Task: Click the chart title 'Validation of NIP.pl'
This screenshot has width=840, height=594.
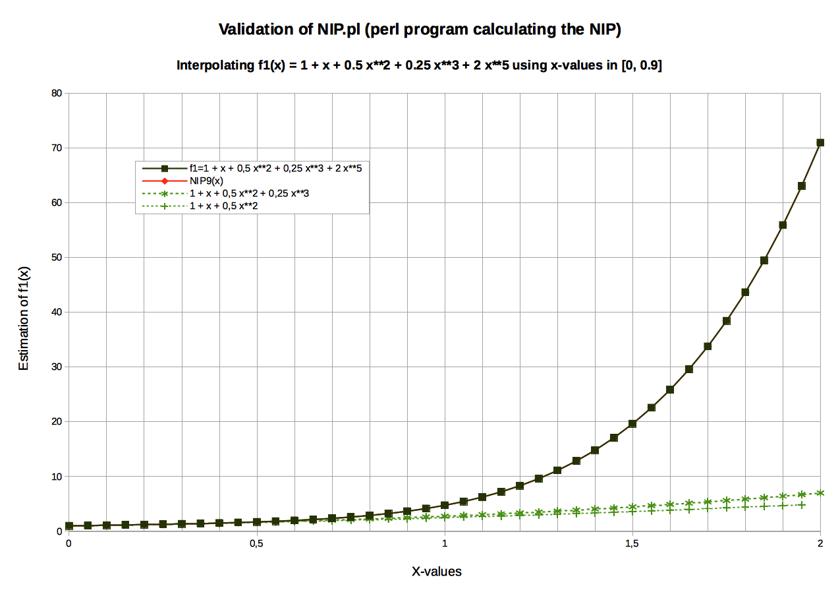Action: pos(420,29)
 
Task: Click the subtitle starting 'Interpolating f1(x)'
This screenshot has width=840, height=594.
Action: pos(419,65)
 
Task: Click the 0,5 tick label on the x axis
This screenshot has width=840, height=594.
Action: pos(256,544)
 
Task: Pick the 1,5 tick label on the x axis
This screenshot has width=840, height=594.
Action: pos(632,544)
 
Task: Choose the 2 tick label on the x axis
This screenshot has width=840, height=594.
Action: pos(820,544)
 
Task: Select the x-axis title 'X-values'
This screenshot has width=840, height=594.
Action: pos(437,572)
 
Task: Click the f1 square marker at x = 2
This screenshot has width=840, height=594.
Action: pos(820,142)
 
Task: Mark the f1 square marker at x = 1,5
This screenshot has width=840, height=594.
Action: pos(632,423)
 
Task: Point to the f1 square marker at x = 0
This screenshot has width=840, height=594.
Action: pos(69,526)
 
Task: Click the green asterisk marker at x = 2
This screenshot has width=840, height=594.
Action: pos(820,492)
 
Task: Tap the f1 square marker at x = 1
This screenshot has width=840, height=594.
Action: pos(445,505)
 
